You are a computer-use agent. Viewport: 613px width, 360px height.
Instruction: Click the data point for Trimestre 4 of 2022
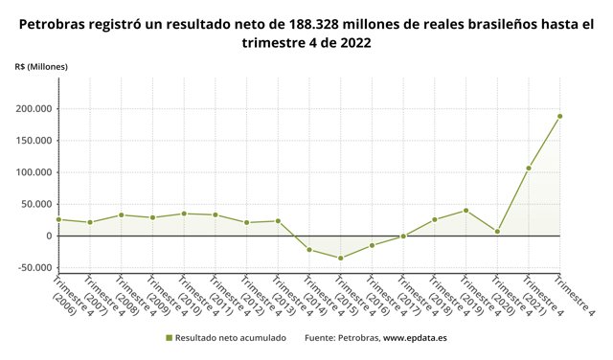[x=559, y=117]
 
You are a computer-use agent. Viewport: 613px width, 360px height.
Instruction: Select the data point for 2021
[x=529, y=169]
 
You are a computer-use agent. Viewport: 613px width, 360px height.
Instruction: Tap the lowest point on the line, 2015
[x=340, y=258]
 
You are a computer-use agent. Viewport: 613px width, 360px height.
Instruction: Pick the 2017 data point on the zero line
[x=403, y=236]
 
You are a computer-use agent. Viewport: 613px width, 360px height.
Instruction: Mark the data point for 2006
[x=58, y=219]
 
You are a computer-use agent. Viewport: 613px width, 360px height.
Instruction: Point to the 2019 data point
[x=465, y=211]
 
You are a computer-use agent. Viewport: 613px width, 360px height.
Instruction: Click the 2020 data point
[x=497, y=232]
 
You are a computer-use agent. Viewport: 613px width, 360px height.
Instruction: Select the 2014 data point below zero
[x=309, y=250]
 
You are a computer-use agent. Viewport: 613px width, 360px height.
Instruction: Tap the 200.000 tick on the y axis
[x=33, y=109]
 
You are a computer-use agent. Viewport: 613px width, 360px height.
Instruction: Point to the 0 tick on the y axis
[x=48, y=236]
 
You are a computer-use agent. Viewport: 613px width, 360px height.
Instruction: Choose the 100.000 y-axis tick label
[x=33, y=172]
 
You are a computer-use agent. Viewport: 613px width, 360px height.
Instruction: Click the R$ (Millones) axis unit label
[x=40, y=66]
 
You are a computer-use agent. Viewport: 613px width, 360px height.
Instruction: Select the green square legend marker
[x=169, y=337]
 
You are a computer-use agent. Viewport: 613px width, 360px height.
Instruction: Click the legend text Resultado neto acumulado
[x=230, y=337]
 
